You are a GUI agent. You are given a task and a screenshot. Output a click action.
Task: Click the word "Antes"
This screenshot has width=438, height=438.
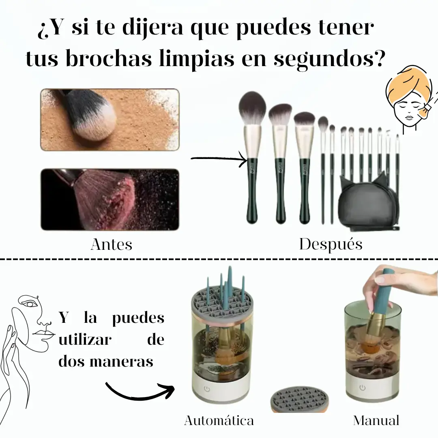112,245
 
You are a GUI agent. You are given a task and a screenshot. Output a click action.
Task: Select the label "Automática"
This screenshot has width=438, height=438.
219,421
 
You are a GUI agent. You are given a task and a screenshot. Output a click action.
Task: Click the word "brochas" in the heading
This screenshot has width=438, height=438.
109,58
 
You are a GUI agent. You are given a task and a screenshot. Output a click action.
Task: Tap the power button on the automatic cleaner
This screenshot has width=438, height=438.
207,389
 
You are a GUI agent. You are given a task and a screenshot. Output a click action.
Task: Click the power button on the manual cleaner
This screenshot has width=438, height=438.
362,387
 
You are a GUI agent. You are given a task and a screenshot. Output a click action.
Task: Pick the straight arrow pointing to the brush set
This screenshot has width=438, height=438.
219,159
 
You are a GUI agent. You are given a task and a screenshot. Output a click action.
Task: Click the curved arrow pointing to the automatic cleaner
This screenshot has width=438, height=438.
140,390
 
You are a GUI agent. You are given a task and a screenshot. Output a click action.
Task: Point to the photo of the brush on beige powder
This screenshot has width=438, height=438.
110,120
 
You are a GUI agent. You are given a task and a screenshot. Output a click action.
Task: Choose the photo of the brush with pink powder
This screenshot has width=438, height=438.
110,200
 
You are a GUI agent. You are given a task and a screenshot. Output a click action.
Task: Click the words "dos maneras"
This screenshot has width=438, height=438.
106,361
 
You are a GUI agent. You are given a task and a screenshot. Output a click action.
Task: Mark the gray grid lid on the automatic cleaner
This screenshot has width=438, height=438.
222,303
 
